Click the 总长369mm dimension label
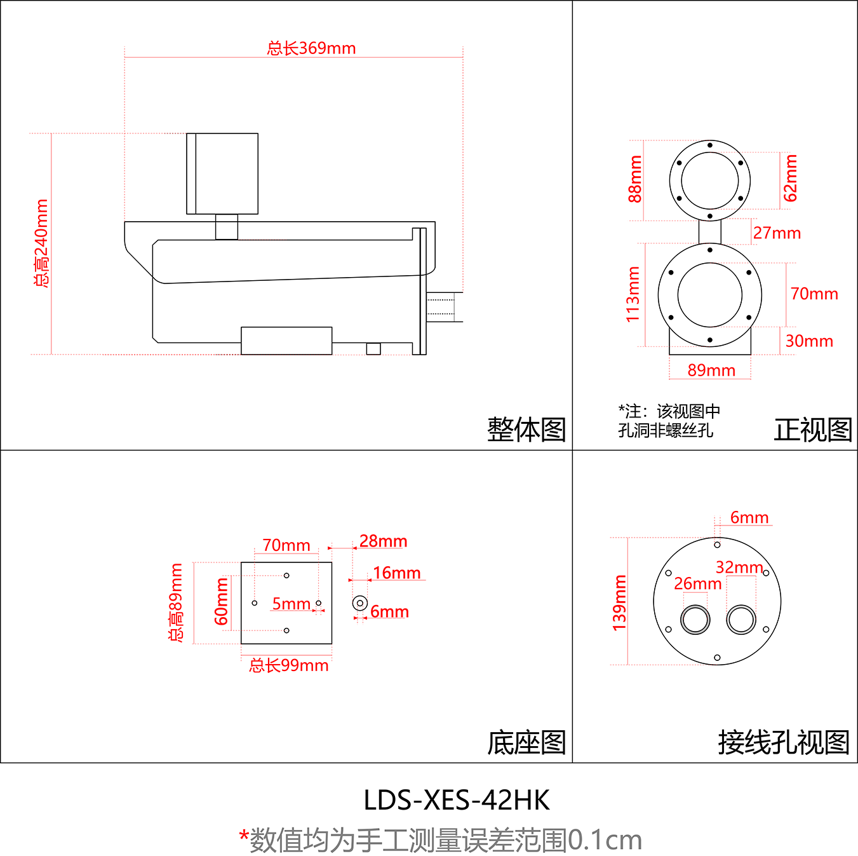point(311,48)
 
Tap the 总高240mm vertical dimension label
point(41,243)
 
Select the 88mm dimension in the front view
point(635,179)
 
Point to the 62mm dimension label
point(790,178)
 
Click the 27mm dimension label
point(777,233)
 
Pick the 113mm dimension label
point(633,294)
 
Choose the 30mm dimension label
point(809,341)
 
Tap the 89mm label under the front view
point(711,370)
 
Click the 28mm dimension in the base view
point(383,541)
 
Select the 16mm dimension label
point(396,573)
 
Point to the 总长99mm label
point(289,665)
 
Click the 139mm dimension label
point(619,603)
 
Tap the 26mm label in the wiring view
point(697,583)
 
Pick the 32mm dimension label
point(739,567)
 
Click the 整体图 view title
point(526,430)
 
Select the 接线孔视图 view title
point(784,742)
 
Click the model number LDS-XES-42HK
point(457,800)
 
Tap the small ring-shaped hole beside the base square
point(360,602)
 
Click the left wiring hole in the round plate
point(695,620)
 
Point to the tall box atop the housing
point(222,173)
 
